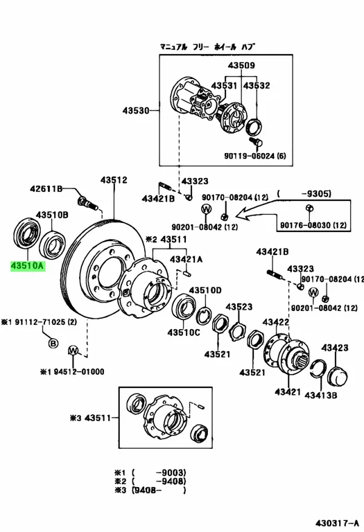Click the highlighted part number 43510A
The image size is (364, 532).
click(x=28, y=265)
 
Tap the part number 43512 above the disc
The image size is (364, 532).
click(x=114, y=180)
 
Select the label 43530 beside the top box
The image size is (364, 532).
click(x=136, y=111)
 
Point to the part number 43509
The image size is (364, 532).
click(x=241, y=65)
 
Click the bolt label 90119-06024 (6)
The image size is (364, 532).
click(x=254, y=156)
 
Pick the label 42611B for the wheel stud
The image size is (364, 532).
click(x=46, y=188)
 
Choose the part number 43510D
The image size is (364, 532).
click(x=205, y=290)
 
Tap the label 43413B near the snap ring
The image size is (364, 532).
click(x=321, y=395)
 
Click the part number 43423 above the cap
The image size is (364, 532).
click(x=335, y=348)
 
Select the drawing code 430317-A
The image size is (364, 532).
click(x=337, y=523)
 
